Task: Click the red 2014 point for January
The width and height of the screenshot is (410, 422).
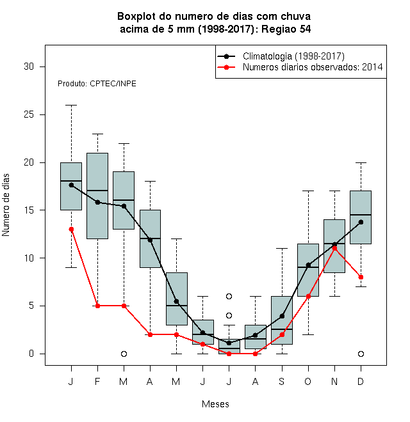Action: click(x=71, y=230)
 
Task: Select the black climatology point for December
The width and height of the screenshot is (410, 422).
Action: click(x=361, y=222)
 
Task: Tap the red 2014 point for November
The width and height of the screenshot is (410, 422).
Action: click(x=335, y=249)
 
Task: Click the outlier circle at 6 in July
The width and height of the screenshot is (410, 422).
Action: click(x=229, y=296)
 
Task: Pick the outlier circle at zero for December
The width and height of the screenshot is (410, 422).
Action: click(x=361, y=354)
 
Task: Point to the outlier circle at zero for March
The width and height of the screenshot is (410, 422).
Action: click(x=124, y=354)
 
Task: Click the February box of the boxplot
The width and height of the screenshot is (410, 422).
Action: click(x=97, y=196)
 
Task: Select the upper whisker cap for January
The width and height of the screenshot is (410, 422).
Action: click(x=71, y=105)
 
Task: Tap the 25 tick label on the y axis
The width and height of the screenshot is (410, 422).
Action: click(x=29, y=114)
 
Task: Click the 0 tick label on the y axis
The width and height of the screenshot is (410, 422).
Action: click(x=31, y=354)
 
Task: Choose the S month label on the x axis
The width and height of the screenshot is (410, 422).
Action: click(x=282, y=382)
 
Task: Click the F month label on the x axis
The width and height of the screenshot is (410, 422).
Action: click(x=97, y=382)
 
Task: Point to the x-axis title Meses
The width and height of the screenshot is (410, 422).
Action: click(x=215, y=404)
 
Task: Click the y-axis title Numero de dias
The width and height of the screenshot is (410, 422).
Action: click(x=6, y=205)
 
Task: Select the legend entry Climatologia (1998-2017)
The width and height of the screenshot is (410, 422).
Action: click(x=293, y=56)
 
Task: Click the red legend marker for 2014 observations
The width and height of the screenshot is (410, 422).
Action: click(x=226, y=67)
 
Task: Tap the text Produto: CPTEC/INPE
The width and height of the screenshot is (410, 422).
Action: click(x=97, y=84)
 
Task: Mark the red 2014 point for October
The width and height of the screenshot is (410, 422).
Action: click(x=308, y=296)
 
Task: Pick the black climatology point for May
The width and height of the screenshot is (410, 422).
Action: click(x=176, y=301)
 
